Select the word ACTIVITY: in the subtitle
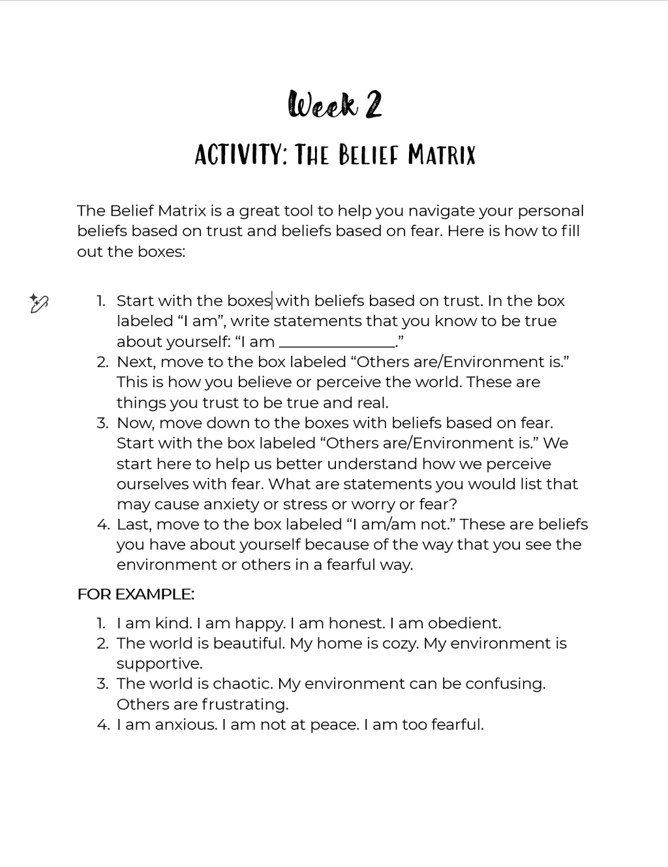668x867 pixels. pos(240,155)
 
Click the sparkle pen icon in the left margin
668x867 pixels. pos(39,303)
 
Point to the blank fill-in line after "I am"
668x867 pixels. pos(337,343)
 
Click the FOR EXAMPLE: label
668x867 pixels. pos(136,594)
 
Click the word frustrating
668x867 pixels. pos(245,704)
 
